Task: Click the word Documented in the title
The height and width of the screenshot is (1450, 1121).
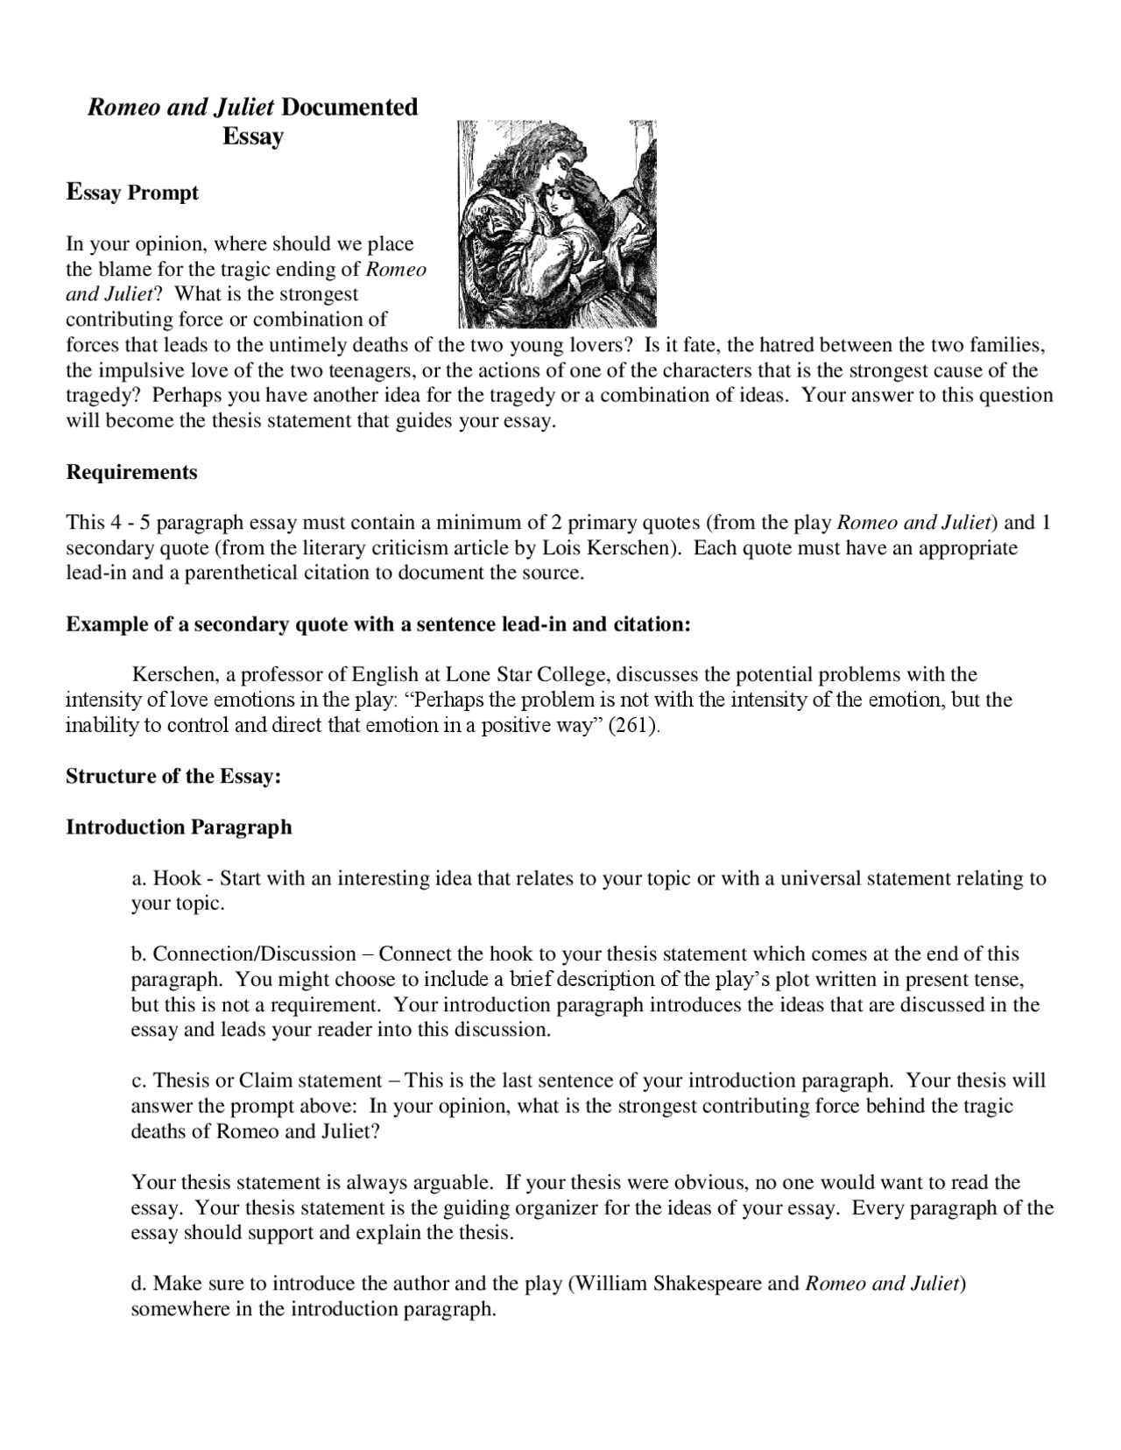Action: (349, 107)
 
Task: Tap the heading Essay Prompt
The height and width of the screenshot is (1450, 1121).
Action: (132, 193)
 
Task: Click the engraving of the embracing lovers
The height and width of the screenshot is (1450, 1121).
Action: (556, 224)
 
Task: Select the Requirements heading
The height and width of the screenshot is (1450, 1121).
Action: (132, 473)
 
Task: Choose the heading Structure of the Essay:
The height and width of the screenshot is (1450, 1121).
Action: (173, 777)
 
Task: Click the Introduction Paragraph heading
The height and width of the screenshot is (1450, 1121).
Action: (179, 827)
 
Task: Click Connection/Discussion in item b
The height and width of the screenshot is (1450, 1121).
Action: (255, 954)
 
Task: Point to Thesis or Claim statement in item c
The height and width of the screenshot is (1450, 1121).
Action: (267, 1081)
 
